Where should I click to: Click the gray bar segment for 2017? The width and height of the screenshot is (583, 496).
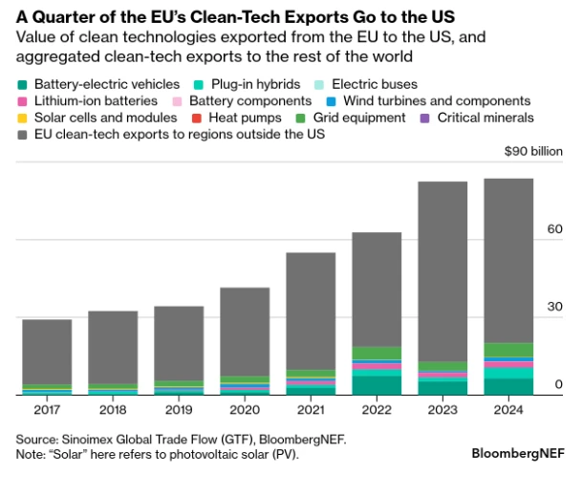(47, 351)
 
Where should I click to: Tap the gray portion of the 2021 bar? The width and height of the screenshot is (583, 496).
(311, 311)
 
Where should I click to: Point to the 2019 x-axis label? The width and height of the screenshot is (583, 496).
(179, 411)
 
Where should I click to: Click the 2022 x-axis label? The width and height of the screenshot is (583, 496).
(377, 411)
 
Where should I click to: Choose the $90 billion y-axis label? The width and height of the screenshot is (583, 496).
(533, 151)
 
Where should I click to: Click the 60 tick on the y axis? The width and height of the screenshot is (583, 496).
(553, 229)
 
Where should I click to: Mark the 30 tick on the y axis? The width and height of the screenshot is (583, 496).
(553, 307)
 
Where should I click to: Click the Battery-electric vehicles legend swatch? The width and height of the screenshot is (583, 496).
(23, 84)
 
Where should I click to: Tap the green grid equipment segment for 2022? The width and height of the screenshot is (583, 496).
(377, 353)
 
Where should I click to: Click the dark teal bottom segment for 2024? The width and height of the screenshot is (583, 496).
(508, 386)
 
